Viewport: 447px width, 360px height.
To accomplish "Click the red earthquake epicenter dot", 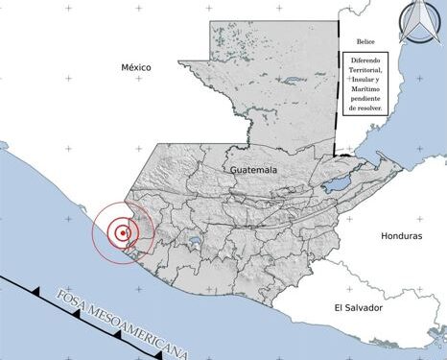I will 124,232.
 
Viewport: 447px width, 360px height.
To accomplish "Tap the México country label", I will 137,67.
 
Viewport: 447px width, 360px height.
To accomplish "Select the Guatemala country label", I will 254,169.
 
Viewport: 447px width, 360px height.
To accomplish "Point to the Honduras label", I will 401,235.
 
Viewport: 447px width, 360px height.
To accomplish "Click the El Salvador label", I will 358,307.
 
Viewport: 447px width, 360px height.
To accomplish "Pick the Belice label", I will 365,41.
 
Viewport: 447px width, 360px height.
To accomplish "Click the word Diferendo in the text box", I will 365,60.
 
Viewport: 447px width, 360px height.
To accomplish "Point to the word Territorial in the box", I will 365,72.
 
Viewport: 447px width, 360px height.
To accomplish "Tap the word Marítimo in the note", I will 365,96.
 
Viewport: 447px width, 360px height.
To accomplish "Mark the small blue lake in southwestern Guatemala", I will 196,242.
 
